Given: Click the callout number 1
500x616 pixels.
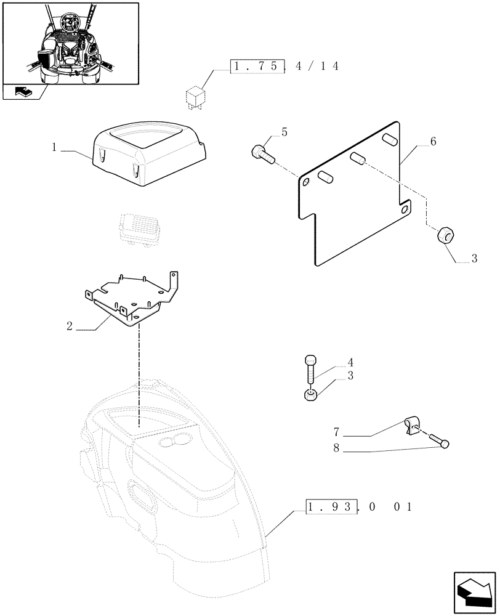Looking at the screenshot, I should tap(55, 148).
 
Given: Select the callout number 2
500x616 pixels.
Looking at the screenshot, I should tap(71, 326).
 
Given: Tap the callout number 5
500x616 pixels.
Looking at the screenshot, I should tap(284, 131).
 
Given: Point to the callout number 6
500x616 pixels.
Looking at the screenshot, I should tap(433, 142).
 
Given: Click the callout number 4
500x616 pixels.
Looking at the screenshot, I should tap(350, 362).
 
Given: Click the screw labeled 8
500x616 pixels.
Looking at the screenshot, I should tap(438, 441).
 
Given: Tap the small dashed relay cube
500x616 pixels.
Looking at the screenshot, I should tap(195, 97).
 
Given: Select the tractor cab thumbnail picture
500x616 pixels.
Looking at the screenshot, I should tap(70, 42).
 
